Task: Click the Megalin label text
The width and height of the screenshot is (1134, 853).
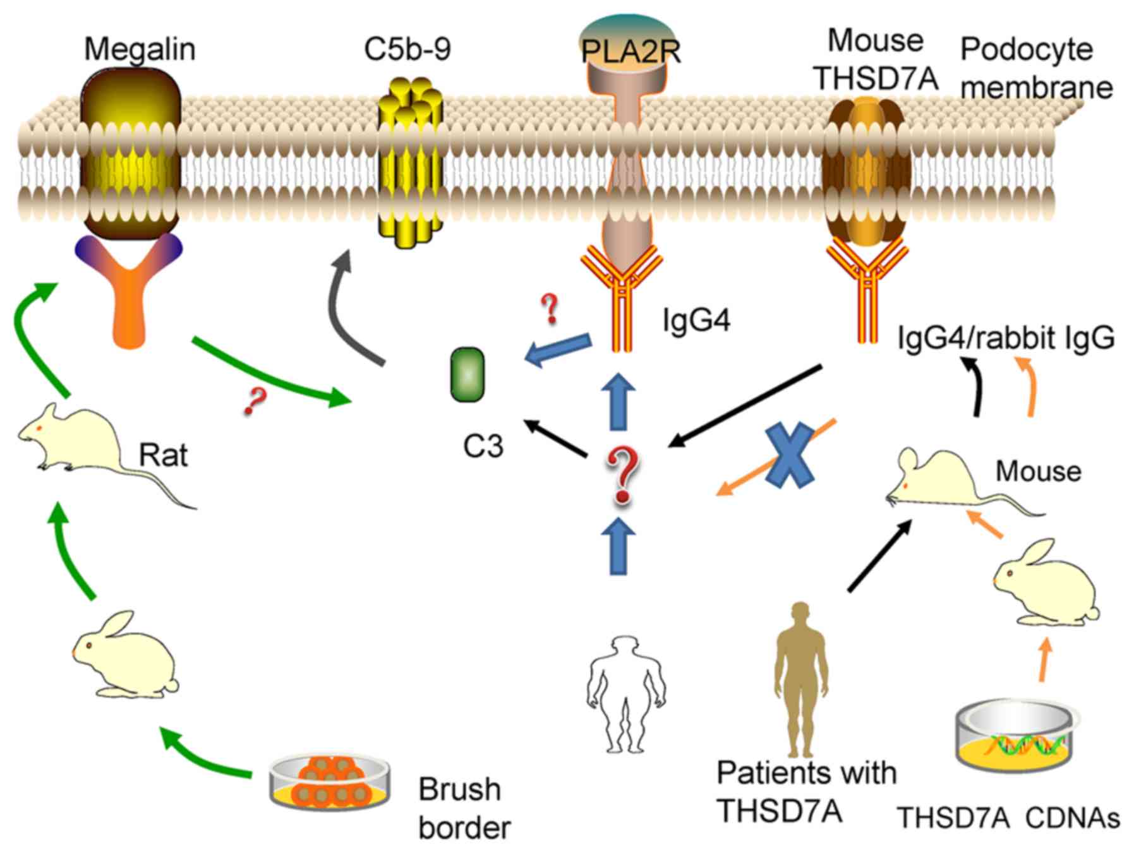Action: (140, 49)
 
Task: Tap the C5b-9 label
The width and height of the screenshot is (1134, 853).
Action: (407, 49)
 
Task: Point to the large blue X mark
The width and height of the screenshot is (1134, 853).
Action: (789, 455)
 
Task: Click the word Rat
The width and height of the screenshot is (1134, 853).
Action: (163, 455)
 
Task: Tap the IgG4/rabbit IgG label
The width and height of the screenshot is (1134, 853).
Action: (1006, 338)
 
